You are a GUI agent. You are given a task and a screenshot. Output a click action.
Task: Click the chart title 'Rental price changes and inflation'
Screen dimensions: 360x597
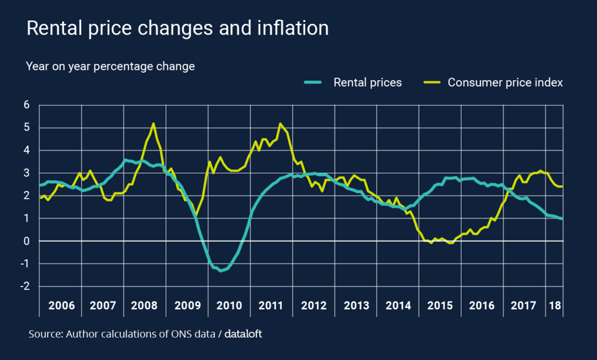[177, 28]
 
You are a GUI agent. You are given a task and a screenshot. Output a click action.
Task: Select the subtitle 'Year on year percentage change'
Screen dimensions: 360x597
[110, 66]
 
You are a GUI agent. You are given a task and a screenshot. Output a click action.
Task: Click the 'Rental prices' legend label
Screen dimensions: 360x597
[367, 82]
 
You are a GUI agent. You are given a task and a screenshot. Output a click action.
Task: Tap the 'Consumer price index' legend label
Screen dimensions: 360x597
[505, 82]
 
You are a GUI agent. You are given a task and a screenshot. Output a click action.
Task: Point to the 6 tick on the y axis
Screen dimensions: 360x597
[26, 105]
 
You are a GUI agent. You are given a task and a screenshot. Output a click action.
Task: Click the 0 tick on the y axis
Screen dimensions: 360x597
[26, 241]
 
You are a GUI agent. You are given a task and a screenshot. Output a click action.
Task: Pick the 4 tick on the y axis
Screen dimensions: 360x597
[26, 150]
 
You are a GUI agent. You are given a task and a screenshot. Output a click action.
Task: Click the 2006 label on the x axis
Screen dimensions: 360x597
[61, 305]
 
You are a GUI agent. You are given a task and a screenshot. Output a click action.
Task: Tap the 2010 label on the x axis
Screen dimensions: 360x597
[229, 305]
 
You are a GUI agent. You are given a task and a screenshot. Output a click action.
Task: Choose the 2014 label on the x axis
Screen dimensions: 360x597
[398, 305]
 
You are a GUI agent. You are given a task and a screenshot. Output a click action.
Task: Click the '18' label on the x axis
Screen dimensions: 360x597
[555, 305]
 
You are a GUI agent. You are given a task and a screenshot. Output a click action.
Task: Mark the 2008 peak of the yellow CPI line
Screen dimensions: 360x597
[153, 124]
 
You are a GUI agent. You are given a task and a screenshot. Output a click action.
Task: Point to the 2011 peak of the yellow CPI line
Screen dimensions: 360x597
[280, 124]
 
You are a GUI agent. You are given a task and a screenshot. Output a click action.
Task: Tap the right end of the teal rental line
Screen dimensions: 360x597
[562, 219]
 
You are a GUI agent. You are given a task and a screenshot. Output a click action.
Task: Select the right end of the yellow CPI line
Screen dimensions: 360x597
[562, 186]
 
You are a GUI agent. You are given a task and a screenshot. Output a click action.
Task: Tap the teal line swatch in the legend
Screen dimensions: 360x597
[313, 82]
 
